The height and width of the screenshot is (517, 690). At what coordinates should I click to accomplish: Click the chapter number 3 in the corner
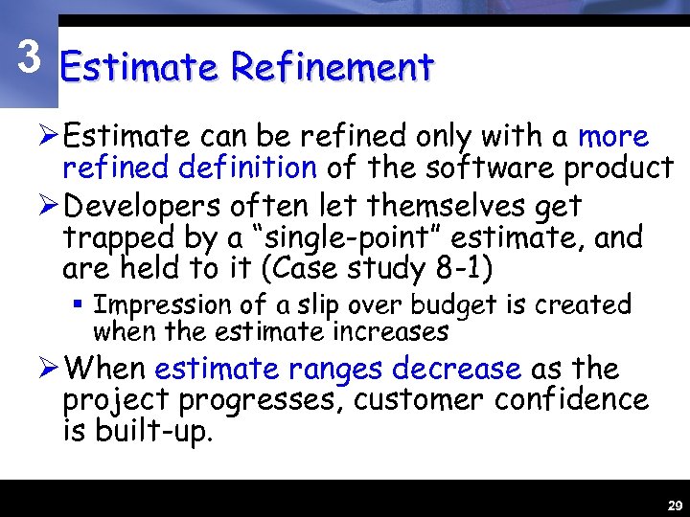[30, 58]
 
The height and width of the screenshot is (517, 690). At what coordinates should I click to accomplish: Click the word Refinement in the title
[332, 68]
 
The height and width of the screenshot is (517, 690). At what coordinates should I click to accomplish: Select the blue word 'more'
[613, 137]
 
